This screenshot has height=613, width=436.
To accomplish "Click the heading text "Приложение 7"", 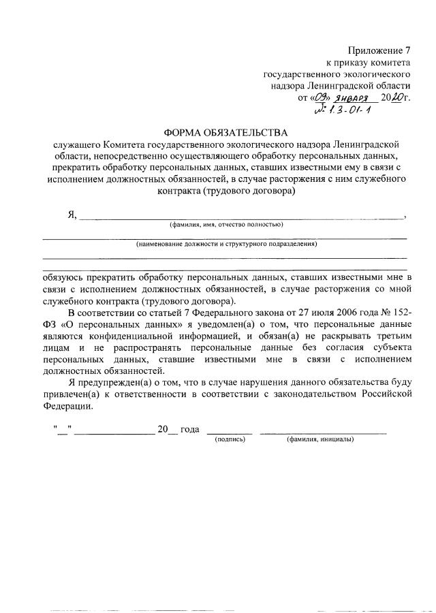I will click(380, 51).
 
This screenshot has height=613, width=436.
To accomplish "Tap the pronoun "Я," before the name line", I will click(72, 215).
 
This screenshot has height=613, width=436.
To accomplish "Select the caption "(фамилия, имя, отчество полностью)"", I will click(226, 225).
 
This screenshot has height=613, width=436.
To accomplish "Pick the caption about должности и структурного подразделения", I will click(226, 244).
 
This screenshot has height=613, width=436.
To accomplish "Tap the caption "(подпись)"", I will click(230, 439).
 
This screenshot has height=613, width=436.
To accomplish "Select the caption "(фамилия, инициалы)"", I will click(320, 439).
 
